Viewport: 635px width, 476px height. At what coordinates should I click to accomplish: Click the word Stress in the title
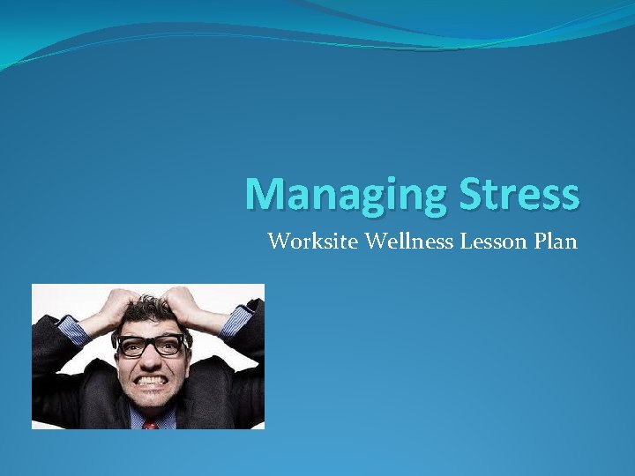[x=517, y=194]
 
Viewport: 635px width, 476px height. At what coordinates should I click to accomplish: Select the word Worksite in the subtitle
[x=306, y=241]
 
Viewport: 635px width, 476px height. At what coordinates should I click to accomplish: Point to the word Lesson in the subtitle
[x=492, y=241]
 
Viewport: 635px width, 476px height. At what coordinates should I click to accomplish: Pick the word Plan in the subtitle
[x=555, y=241]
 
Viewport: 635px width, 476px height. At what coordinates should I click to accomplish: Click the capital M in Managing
[x=265, y=193]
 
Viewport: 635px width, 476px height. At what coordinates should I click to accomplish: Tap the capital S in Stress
[x=467, y=193]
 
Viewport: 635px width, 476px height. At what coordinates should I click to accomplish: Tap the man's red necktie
[x=150, y=424]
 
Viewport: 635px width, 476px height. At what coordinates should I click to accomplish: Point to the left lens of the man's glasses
[x=131, y=346]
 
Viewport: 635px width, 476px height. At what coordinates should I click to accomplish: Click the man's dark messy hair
[x=150, y=310]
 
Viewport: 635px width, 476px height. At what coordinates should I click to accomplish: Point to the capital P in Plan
[x=538, y=241]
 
